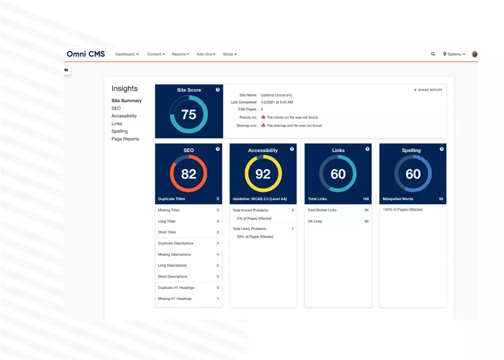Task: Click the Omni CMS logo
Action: (x=86, y=54)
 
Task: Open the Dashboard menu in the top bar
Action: (x=127, y=54)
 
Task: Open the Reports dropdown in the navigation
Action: (x=180, y=54)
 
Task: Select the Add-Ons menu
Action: (x=206, y=54)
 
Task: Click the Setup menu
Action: (x=230, y=54)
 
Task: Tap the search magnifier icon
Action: (x=433, y=54)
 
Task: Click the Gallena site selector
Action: (x=454, y=54)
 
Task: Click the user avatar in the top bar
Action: (x=475, y=54)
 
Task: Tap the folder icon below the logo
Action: (x=66, y=70)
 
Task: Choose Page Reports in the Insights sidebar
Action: (x=125, y=139)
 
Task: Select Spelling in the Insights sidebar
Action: (x=120, y=131)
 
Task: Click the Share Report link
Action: (x=428, y=90)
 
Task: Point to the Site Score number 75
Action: (x=189, y=115)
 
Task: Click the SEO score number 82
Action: (x=188, y=174)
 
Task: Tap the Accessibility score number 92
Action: (x=263, y=174)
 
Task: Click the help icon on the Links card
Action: (x=367, y=149)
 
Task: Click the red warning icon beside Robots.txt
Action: (x=263, y=117)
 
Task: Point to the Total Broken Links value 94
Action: (x=366, y=210)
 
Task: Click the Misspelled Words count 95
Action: (x=441, y=199)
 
